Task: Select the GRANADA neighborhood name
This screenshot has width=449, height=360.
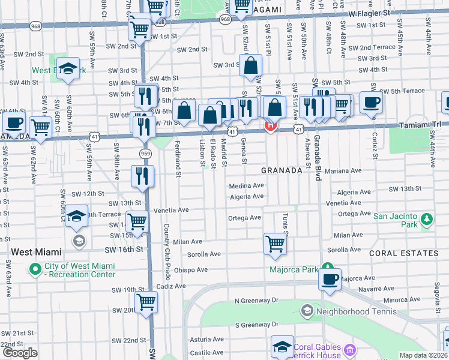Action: pyautogui.click(x=282, y=170)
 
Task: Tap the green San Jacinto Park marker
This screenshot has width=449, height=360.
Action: pyautogui.click(x=427, y=220)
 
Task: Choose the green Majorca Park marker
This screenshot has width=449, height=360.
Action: pyautogui.click(x=328, y=268)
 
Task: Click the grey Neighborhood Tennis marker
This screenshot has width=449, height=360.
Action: pyautogui.click(x=307, y=311)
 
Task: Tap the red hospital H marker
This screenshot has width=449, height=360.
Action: pyautogui.click(x=271, y=126)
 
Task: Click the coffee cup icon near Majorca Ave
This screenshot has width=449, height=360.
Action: pyautogui.click(x=330, y=280)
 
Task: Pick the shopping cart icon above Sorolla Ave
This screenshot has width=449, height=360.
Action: pyautogui.click(x=275, y=244)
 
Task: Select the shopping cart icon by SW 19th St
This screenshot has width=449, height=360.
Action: pyautogui.click(x=146, y=302)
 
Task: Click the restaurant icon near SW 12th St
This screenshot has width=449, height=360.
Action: pyautogui.click(x=143, y=176)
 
